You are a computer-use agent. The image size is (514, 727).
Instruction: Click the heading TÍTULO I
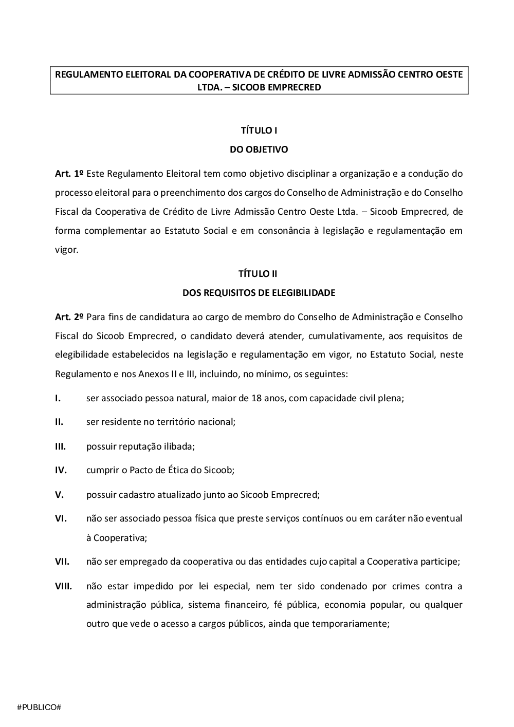pos(259,131)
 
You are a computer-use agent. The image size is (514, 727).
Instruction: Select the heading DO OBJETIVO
pos(259,150)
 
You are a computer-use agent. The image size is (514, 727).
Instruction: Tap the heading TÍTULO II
pos(259,273)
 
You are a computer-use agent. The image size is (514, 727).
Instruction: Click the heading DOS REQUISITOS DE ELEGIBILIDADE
pos(259,293)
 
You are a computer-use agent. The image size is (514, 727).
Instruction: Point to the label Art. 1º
pos(69,174)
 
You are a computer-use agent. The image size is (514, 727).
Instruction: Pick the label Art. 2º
pos(69,317)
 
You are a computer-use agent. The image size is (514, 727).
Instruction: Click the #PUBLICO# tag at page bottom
pos(39,707)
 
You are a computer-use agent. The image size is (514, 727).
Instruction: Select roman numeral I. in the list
pos(58,398)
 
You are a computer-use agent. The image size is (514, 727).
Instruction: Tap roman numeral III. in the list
pos(60,446)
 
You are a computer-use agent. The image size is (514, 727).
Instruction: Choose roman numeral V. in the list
pos(59,495)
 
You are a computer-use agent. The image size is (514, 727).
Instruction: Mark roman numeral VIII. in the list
pos(63,586)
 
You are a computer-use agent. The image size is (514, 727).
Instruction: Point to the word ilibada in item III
pos(178,446)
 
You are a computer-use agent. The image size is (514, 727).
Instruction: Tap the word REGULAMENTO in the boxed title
pos(89,74)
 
